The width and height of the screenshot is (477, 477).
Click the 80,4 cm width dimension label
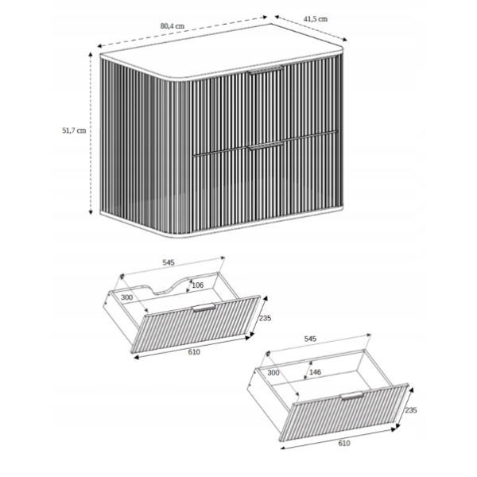coord(173,26)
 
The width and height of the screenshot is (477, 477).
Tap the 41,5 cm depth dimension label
coord(316,19)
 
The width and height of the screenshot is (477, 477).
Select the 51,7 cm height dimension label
coord(74,130)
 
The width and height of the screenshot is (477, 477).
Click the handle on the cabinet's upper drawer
coord(266,70)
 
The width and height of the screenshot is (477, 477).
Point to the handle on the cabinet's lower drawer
coord(266,145)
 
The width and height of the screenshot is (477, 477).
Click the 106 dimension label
coord(197,285)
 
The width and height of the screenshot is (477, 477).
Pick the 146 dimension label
coord(315,372)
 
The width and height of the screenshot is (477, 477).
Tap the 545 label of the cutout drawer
coord(169,262)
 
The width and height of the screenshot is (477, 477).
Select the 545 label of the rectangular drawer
coord(310,339)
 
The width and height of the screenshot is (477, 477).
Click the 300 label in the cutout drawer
coord(127,297)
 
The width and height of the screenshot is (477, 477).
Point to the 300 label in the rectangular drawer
coord(273,373)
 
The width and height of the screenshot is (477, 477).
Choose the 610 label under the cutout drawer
coord(194,352)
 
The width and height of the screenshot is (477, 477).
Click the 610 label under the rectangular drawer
coord(344,444)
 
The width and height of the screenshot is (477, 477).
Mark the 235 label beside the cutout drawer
coord(265,318)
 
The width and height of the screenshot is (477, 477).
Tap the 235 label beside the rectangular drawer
coord(411,410)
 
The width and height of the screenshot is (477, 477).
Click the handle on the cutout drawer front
coord(204,307)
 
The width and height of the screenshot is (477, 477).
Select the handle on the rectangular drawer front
coord(352,396)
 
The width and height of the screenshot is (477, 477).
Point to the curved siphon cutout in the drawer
coord(166,286)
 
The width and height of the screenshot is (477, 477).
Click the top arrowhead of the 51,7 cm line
coord(91,54)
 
